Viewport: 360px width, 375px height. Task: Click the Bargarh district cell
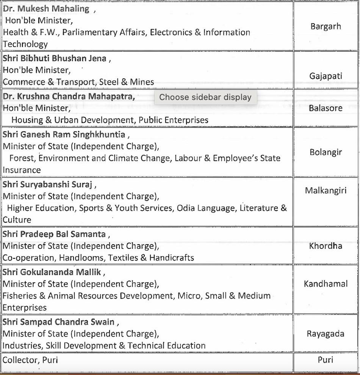[326, 27]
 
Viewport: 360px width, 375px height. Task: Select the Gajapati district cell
[326, 76]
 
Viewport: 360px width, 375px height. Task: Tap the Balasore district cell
[326, 108]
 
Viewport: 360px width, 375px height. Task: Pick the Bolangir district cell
[326, 152]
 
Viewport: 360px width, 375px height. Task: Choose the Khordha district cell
[326, 246]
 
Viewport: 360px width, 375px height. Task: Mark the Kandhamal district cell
[326, 284]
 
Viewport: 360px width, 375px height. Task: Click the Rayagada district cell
[326, 334]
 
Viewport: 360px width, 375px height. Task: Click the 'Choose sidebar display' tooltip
[205, 97]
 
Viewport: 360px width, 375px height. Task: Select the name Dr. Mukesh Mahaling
[46, 9]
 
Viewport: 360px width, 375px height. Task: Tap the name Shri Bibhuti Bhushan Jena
[55, 59]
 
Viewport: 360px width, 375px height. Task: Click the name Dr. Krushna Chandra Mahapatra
[69, 96]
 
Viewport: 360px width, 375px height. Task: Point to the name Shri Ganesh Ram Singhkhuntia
[64, 134]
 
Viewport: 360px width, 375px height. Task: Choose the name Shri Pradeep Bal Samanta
[54, 234]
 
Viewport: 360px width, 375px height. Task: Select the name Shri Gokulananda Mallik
[52, 272]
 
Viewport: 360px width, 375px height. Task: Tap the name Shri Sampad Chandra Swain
[58, 322]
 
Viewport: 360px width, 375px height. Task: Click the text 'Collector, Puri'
[30, 359]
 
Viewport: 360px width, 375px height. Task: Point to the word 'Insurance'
[22, 170]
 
